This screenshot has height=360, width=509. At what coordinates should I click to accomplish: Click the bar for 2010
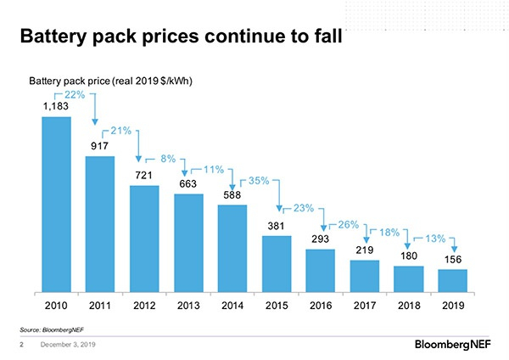(x=56, y=204)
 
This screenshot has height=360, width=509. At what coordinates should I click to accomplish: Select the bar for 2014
(x=232, y=248)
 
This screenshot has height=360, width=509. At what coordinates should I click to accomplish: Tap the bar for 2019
(x=452, y=281)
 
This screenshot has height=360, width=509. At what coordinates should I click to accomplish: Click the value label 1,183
(x=56, y=107)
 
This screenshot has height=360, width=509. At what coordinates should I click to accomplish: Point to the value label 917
(x=100, y=146)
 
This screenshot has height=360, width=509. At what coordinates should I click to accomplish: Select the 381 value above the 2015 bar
(x=277, y=226)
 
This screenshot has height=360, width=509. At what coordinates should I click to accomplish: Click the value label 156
(x=453, y=261)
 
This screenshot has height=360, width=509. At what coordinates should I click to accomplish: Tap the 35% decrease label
(x=258, y=181)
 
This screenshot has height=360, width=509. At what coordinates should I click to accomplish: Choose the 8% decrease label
(x=169, y=159)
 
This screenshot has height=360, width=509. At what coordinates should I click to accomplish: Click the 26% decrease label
(x=349, y=224)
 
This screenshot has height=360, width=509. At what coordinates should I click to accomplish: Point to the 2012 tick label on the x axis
(x=144, y=303)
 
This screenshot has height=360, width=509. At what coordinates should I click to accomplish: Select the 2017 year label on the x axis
(x=365, y=303)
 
